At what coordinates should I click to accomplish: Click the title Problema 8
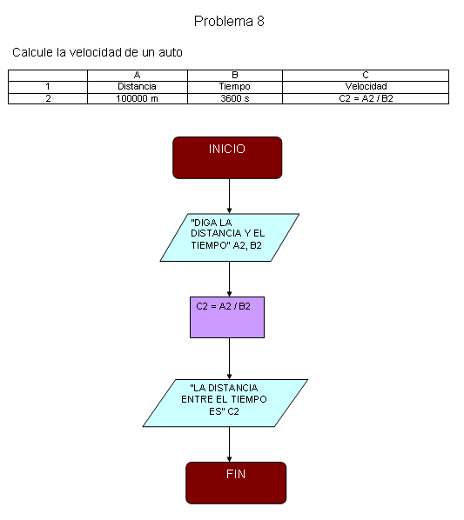tap(229, 21)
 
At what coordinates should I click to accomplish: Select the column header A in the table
tap(137, 76)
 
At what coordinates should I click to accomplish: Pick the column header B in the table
tap(235, 76)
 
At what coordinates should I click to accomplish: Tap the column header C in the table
tap(366, 76)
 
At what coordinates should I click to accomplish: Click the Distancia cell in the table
tap(137, 87)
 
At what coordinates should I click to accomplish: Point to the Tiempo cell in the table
tap(235, 87)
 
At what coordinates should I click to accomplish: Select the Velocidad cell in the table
tap(366, 87)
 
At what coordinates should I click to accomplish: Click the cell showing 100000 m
tap(137, 98)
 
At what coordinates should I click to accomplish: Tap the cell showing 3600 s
tap(235, 98)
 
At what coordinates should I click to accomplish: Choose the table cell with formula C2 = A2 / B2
tap(366, 98)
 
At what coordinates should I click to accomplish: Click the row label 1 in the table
tap(48, 87)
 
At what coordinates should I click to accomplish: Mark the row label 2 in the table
tap(48, 98)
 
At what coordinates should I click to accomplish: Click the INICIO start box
tap(227, 158)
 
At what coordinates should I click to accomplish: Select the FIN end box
tap(236, 483)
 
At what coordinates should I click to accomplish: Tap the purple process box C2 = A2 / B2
tap(227, 317)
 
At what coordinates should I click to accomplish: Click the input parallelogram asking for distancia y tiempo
tap(229, 237)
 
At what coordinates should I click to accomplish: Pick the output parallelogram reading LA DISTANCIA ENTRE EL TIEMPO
tap(225, 403)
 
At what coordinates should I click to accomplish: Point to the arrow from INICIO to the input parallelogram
tap(229, 197)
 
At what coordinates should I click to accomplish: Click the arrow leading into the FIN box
tap(229, 444)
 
